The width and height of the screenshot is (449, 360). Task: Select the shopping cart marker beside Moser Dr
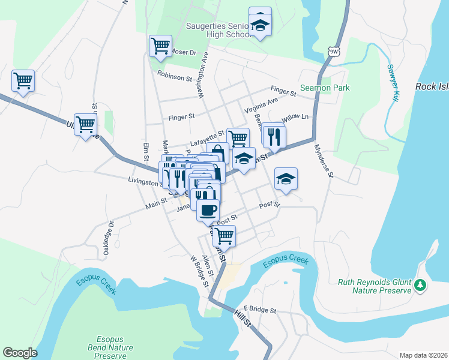160,46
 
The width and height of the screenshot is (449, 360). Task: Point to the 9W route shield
334,52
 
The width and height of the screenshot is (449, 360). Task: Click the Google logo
20,352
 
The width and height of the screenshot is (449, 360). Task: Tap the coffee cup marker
208,211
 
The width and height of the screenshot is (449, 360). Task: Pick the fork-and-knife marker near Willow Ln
273,136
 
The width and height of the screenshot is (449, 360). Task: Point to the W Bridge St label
199,272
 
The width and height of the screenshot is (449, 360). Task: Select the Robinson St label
175,76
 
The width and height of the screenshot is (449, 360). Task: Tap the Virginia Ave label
261,106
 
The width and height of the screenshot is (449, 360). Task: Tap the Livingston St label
143,180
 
